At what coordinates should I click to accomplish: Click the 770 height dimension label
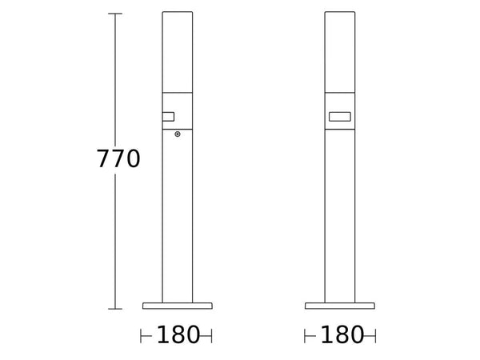tap(118, 159)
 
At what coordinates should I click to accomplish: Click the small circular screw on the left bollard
tap(178, 134)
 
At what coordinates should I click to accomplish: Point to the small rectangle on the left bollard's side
tap(168, 118)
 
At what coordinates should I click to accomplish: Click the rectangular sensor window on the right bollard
tap(339, 118)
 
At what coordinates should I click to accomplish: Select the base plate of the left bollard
tap(178, 306)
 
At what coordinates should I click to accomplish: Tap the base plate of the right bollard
tap(340, 306)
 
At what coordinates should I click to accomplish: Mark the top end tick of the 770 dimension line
tap(115, 14)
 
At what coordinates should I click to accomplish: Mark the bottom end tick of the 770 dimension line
tap(115, 308)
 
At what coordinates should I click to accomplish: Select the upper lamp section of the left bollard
tap(178, 52)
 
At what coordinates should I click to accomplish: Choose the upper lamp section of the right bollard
tap(340, 52)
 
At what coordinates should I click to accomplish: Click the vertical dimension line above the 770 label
tap(115, 80)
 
